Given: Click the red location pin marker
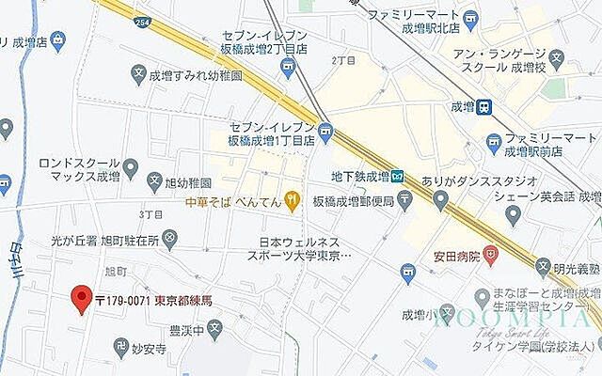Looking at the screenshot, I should coord(82,299).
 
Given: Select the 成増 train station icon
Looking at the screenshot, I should coord(483,107).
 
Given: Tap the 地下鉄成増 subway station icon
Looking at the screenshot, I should coord(398,176).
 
